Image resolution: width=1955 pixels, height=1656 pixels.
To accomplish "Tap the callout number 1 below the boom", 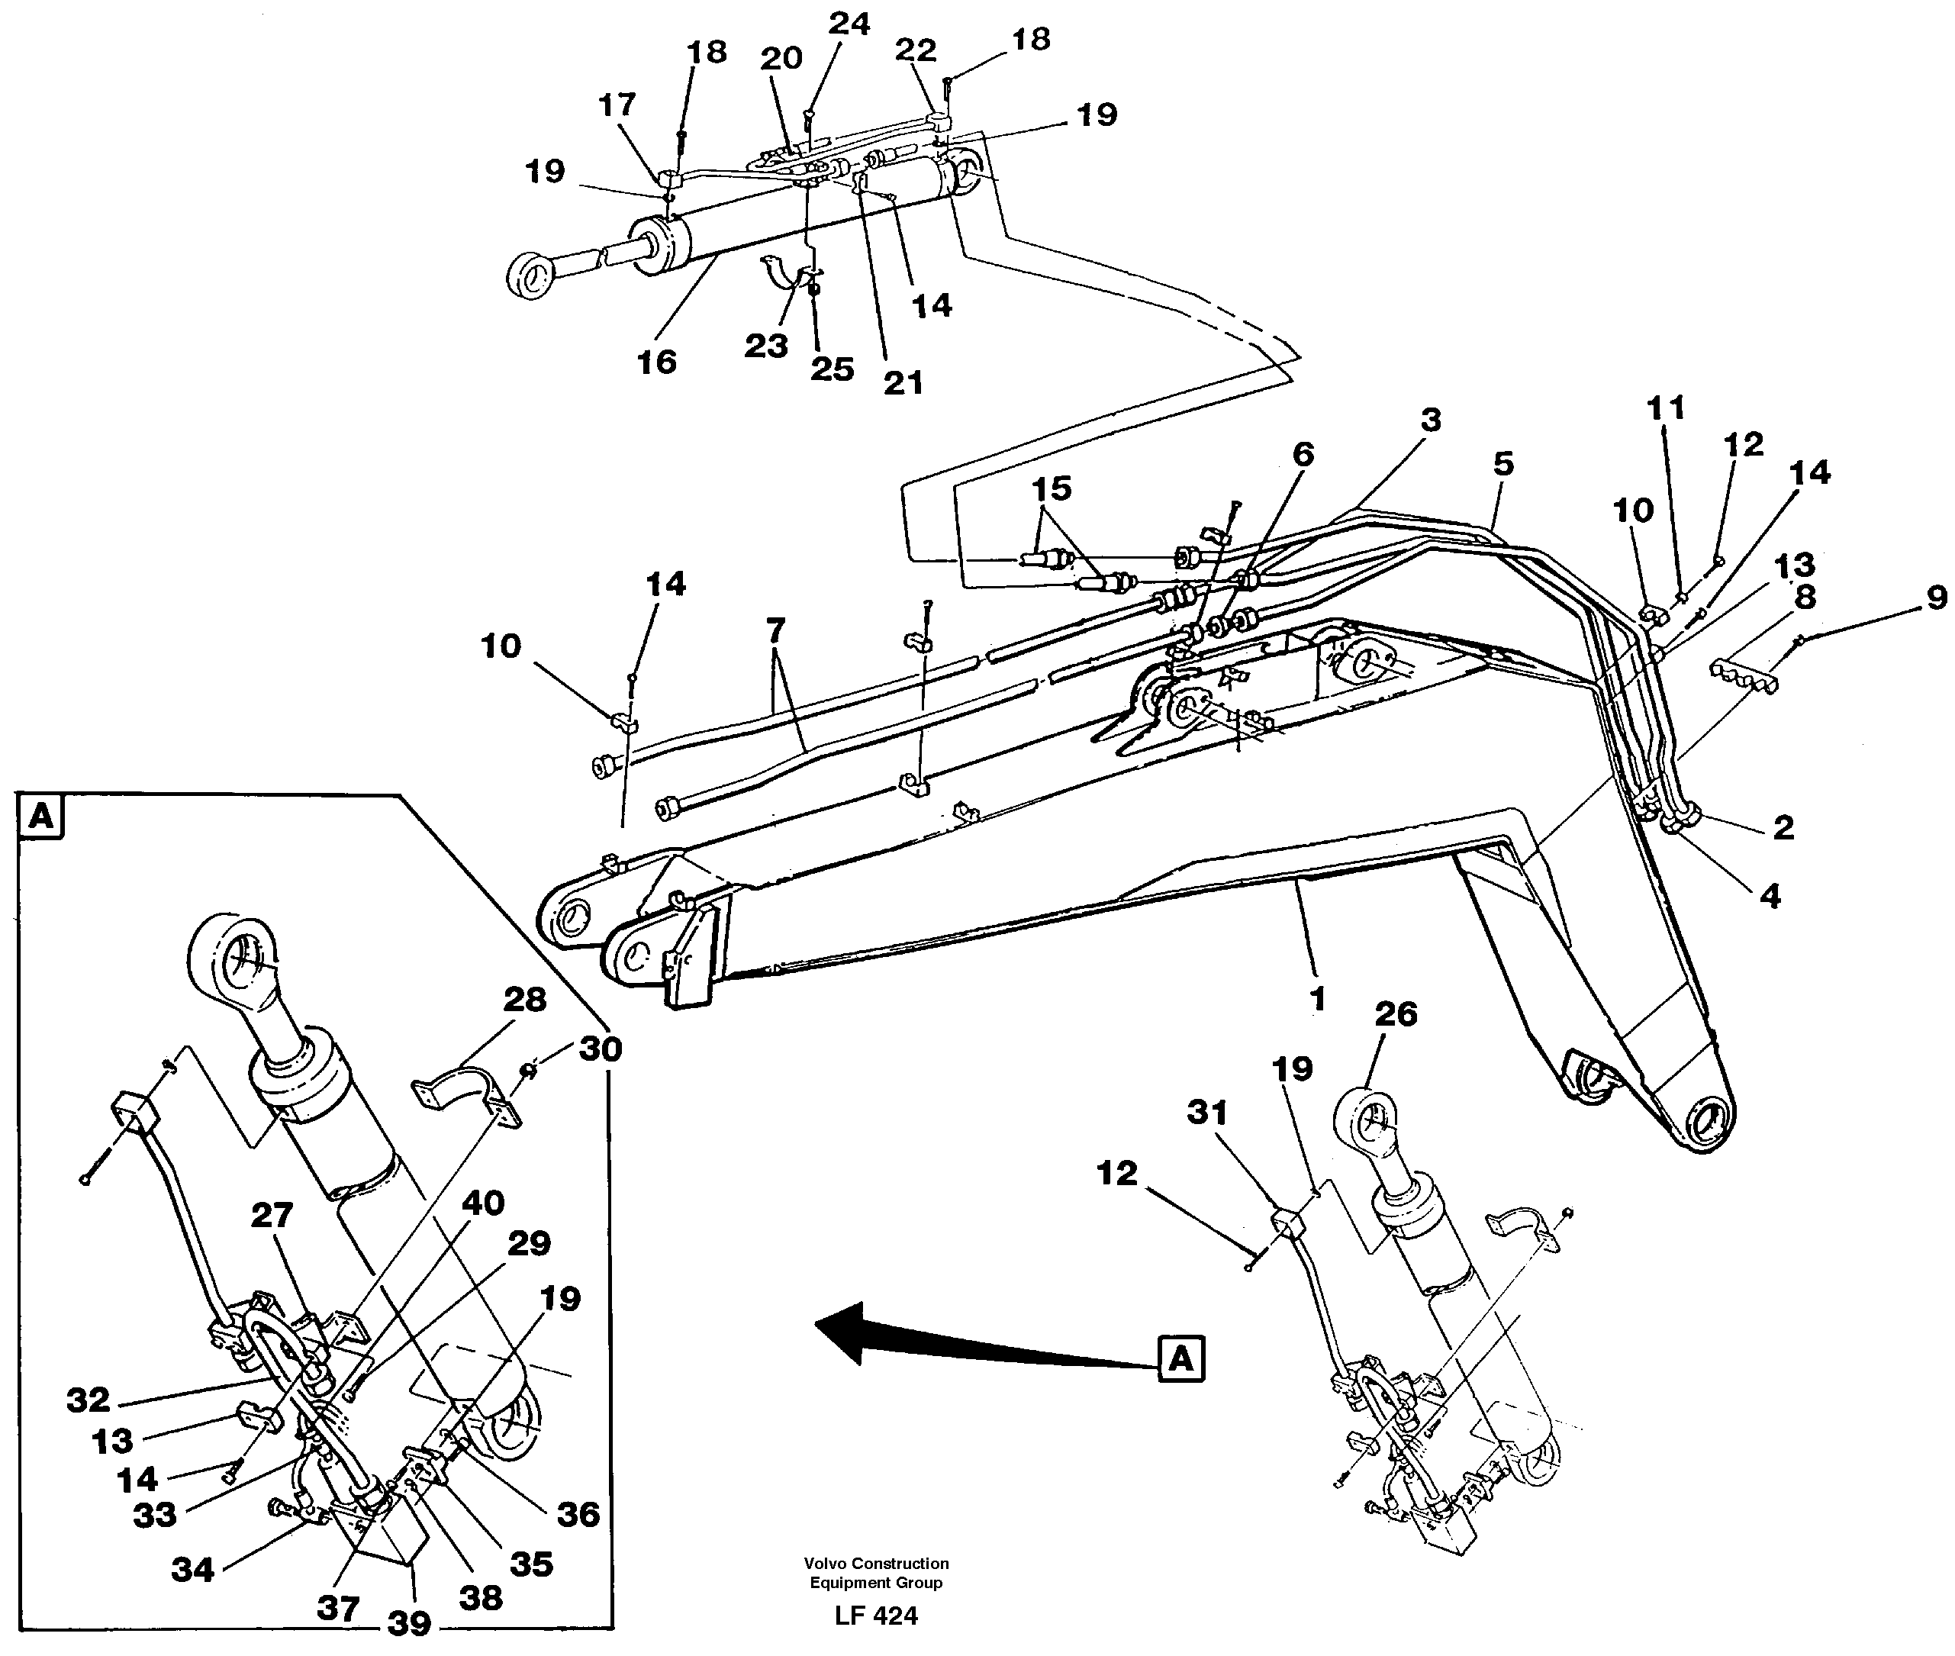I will pyautogui.click(x=1318, y=999).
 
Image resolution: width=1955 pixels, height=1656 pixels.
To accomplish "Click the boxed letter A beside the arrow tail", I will pyautogui.click(x=1180, y=1358).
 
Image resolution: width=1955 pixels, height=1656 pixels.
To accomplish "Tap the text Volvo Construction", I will pyautogui.click(x=876, y=1563).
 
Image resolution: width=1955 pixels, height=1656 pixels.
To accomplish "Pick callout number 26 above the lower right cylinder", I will pyautogui.click(x=1395, y=1014).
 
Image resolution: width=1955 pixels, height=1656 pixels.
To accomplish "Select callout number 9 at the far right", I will pyautogui.click(x=1936, y=598).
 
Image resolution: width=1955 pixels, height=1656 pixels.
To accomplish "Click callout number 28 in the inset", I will pyautogui.click(x=523, y=1000).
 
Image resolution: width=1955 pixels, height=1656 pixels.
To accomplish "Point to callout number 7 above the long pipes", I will pyautogui.click(x=775, y=630).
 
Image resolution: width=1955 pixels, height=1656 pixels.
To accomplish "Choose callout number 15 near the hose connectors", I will pyautogui.click(x=1052, y=488).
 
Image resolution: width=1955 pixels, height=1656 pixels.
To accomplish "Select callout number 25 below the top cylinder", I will pyautogui.click(x=832, y=368).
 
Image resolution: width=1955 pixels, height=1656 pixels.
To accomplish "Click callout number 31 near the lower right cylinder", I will pyautogui.click(x=1207, y=1113).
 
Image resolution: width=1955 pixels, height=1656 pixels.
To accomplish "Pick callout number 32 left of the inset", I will pyautogui.click(x=89, y=1400).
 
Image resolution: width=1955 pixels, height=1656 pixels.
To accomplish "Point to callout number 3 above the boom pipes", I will pyautogui.click(x=1429, y=420).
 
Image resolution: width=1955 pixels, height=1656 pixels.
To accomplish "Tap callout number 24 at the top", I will pyautogui.click(x=849, y=24).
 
